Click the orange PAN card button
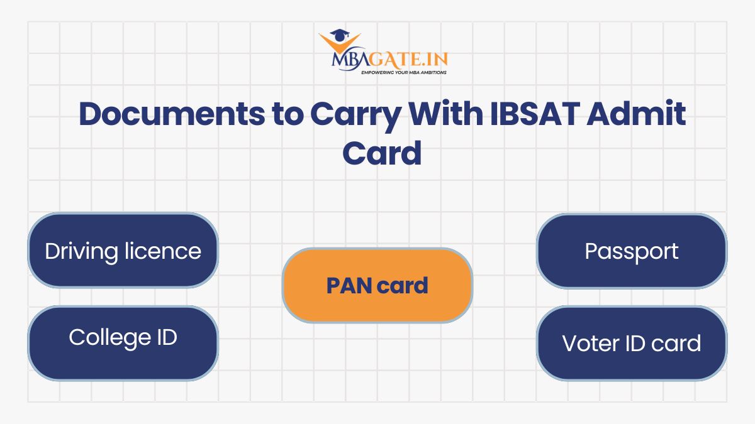pyautogui.click(x=377, y=285)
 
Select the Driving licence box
pyautogui.click(x=123, y=251)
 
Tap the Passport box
pyautogui.click(x=631, y=251)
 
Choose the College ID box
pyautogui.click(x=123, y=343)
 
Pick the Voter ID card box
pyautogui.click(x=631, y=343)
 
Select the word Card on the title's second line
pyautogui.click(x=382, y=153)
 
